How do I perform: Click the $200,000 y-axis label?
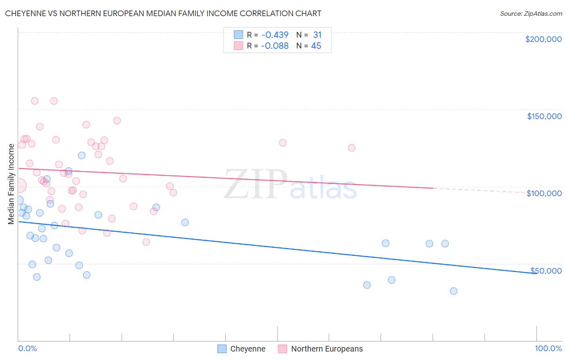click(x=543, y=39)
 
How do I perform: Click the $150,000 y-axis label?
click(x=544, y=116)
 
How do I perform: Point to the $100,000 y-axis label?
click(x=544, y=193)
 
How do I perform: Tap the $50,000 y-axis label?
click(x=546, y=271)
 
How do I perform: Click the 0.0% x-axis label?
click(x=27, y=348)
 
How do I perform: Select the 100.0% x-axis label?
click(x=548, y=348)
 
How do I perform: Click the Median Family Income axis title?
click(x=11, y=184)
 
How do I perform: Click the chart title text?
click(x=163, y=13)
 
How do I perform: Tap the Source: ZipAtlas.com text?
click(x=531, y=13)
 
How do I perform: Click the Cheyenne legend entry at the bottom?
click(x=248, y=349)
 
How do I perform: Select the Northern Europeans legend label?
click(x=327, y=349)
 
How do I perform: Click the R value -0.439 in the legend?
click(x=275, y=35)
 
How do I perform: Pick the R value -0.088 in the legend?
click(x=275, y=46)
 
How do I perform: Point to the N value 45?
click(x=316, y=46)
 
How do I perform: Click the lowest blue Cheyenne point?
click(x=454, y=291)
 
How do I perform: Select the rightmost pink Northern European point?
click(x=352, y=148)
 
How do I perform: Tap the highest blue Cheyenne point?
click(x=81, y=155)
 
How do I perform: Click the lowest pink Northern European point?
click(x=146, y=242)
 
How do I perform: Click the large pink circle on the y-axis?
click(x=19, y=186)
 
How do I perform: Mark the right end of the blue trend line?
click(x=536, y=273)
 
